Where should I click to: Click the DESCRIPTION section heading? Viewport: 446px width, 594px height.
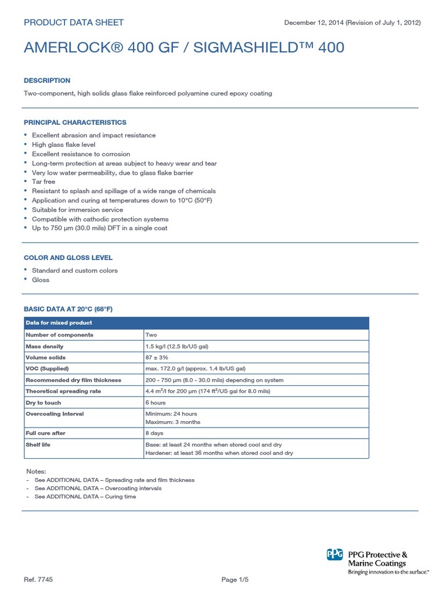point(47,81)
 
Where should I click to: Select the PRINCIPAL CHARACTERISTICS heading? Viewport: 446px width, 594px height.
point(75,122)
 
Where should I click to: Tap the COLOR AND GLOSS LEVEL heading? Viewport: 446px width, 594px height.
point(68,258)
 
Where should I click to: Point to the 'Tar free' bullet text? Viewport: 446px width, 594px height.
point(44,182)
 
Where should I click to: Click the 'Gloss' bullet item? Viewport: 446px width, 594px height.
point(41,280)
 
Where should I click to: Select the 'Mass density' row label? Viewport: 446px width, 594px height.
point(44,346)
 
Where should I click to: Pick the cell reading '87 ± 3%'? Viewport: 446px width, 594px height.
point(157,357)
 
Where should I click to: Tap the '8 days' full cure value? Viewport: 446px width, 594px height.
point(154,433)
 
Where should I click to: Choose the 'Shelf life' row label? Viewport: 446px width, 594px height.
point(39,444)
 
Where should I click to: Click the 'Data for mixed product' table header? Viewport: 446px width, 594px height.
point(59,323)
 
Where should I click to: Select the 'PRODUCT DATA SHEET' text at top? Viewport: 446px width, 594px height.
point(73,23)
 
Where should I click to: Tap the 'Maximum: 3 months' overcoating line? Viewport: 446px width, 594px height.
point(172,422)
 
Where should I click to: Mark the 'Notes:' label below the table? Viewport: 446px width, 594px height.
point(36,472)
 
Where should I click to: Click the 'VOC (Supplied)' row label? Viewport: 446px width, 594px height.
point(47,368)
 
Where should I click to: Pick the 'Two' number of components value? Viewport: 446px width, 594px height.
point(151,335)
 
